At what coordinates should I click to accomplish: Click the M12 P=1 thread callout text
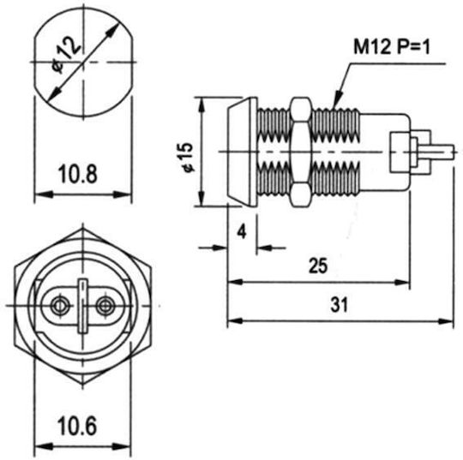click(392, 47)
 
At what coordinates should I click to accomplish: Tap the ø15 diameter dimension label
click(188, 158)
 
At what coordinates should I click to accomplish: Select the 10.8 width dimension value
click(78, 174)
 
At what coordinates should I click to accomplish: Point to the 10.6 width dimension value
click(77, 426)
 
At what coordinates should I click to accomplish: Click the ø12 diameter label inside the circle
click(65, 56)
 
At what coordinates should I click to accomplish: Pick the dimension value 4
click(242, 232)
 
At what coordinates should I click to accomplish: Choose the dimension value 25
click(318, 266)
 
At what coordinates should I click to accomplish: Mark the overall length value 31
click(340, 305)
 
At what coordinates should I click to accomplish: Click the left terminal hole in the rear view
click(60, 306)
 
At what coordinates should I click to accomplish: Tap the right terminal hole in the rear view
click(106, 306)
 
